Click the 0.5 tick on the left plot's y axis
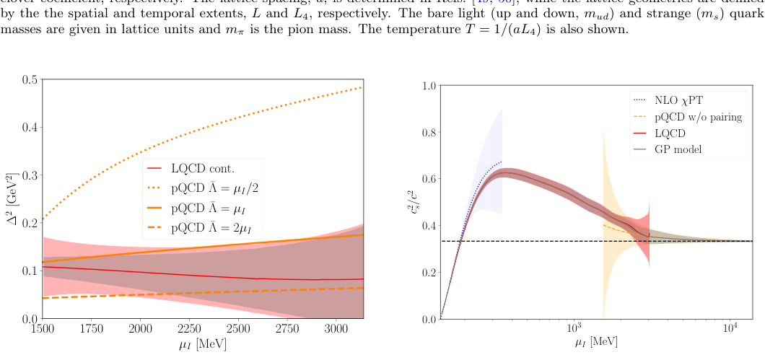coord(31,79)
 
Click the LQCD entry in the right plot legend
coord(670,133)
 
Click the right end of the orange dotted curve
coord(362,87)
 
